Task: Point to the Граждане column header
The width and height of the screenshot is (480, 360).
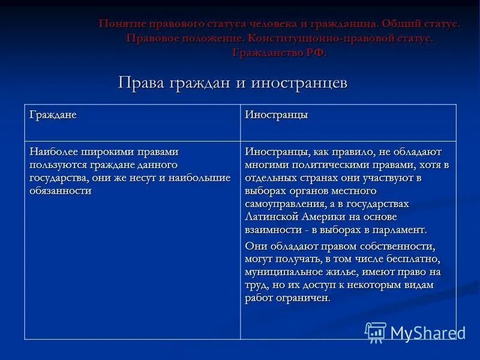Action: click(53, 115)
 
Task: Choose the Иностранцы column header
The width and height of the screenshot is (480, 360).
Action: click(276, 115)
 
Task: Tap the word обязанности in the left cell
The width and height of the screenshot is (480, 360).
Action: click(60, 191)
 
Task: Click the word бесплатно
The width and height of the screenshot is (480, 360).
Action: click(413, 259)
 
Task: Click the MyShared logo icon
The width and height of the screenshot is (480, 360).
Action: click(376, 332)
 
